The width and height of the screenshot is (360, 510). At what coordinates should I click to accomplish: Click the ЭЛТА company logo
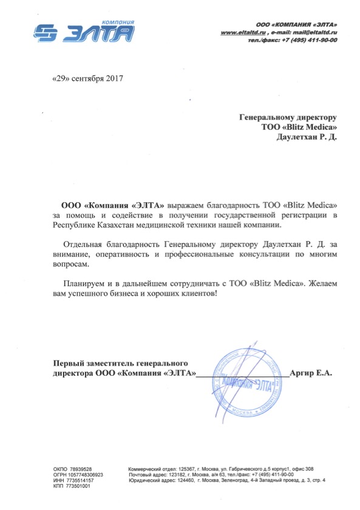point(83,33)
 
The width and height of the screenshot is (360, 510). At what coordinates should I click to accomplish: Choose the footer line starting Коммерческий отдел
point(221,469)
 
